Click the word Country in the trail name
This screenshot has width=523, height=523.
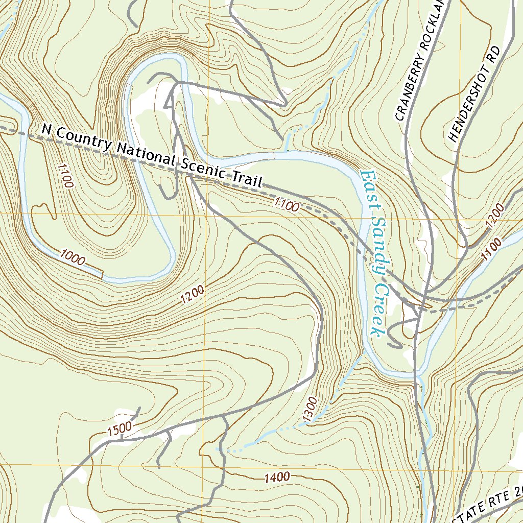(81, 139)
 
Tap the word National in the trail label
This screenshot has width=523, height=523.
(145, 155)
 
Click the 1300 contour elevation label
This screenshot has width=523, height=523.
(310, 409)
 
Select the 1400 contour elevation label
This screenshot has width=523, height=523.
(277, 478)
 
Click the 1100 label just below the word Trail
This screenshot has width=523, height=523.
(286, 206)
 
